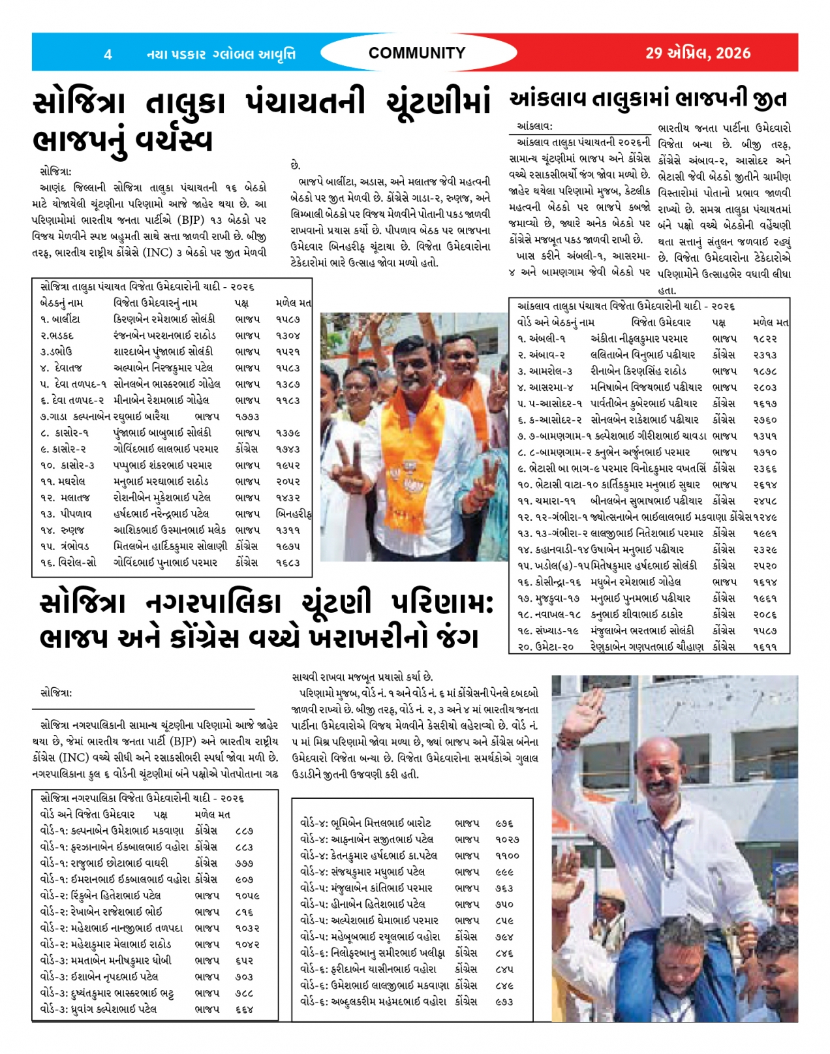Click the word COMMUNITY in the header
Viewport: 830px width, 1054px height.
pos(416,53)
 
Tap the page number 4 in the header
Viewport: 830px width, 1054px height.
pos(108,54)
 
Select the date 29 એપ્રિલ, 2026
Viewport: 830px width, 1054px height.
pos(698,53)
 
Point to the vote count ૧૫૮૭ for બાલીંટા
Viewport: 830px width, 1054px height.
pos(288,319)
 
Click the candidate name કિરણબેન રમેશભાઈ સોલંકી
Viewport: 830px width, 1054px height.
pos(164,319)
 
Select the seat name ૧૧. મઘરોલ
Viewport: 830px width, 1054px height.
pos(63,481)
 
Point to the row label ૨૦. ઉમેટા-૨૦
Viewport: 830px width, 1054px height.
pos(546,647)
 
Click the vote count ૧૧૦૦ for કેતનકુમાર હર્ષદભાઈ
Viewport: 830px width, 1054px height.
pos(507,855)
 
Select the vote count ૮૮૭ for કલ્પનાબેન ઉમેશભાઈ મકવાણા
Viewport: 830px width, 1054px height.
pos(244,831)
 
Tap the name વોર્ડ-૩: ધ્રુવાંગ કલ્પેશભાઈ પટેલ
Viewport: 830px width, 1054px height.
pos(99,1009)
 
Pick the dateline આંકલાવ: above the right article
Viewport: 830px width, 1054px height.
pos(534,126)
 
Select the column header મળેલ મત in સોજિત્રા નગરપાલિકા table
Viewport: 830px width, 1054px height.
pos(212,814)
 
